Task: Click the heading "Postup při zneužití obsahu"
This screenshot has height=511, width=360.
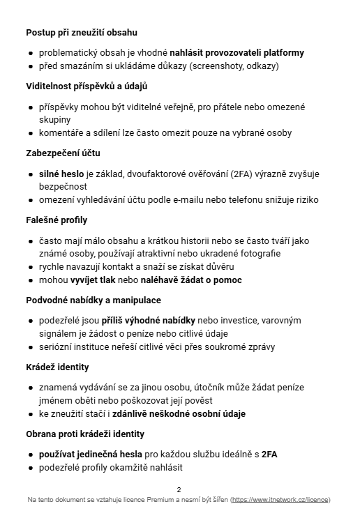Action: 81,32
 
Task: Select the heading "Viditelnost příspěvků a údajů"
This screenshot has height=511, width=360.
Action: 87,86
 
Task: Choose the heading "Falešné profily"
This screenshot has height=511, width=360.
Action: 57,220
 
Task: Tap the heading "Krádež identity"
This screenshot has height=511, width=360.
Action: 57,367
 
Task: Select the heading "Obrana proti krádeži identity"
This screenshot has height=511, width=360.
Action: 85,434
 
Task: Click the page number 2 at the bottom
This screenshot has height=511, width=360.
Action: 179,489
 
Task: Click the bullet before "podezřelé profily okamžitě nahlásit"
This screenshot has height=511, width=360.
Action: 30,468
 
